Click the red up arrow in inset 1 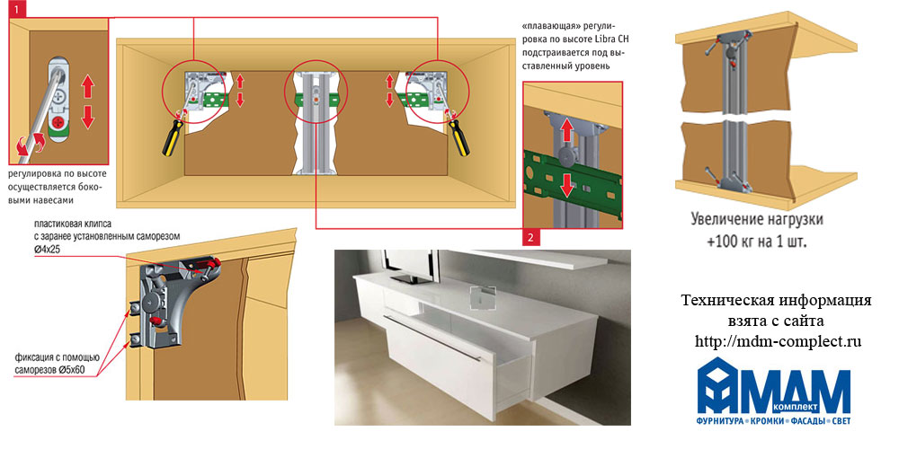point(87,87)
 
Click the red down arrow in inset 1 point(87,116)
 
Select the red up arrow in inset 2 point(566,128)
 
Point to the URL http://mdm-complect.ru point(778,341)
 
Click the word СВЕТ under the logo point(838,421)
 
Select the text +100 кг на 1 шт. point(757,242)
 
